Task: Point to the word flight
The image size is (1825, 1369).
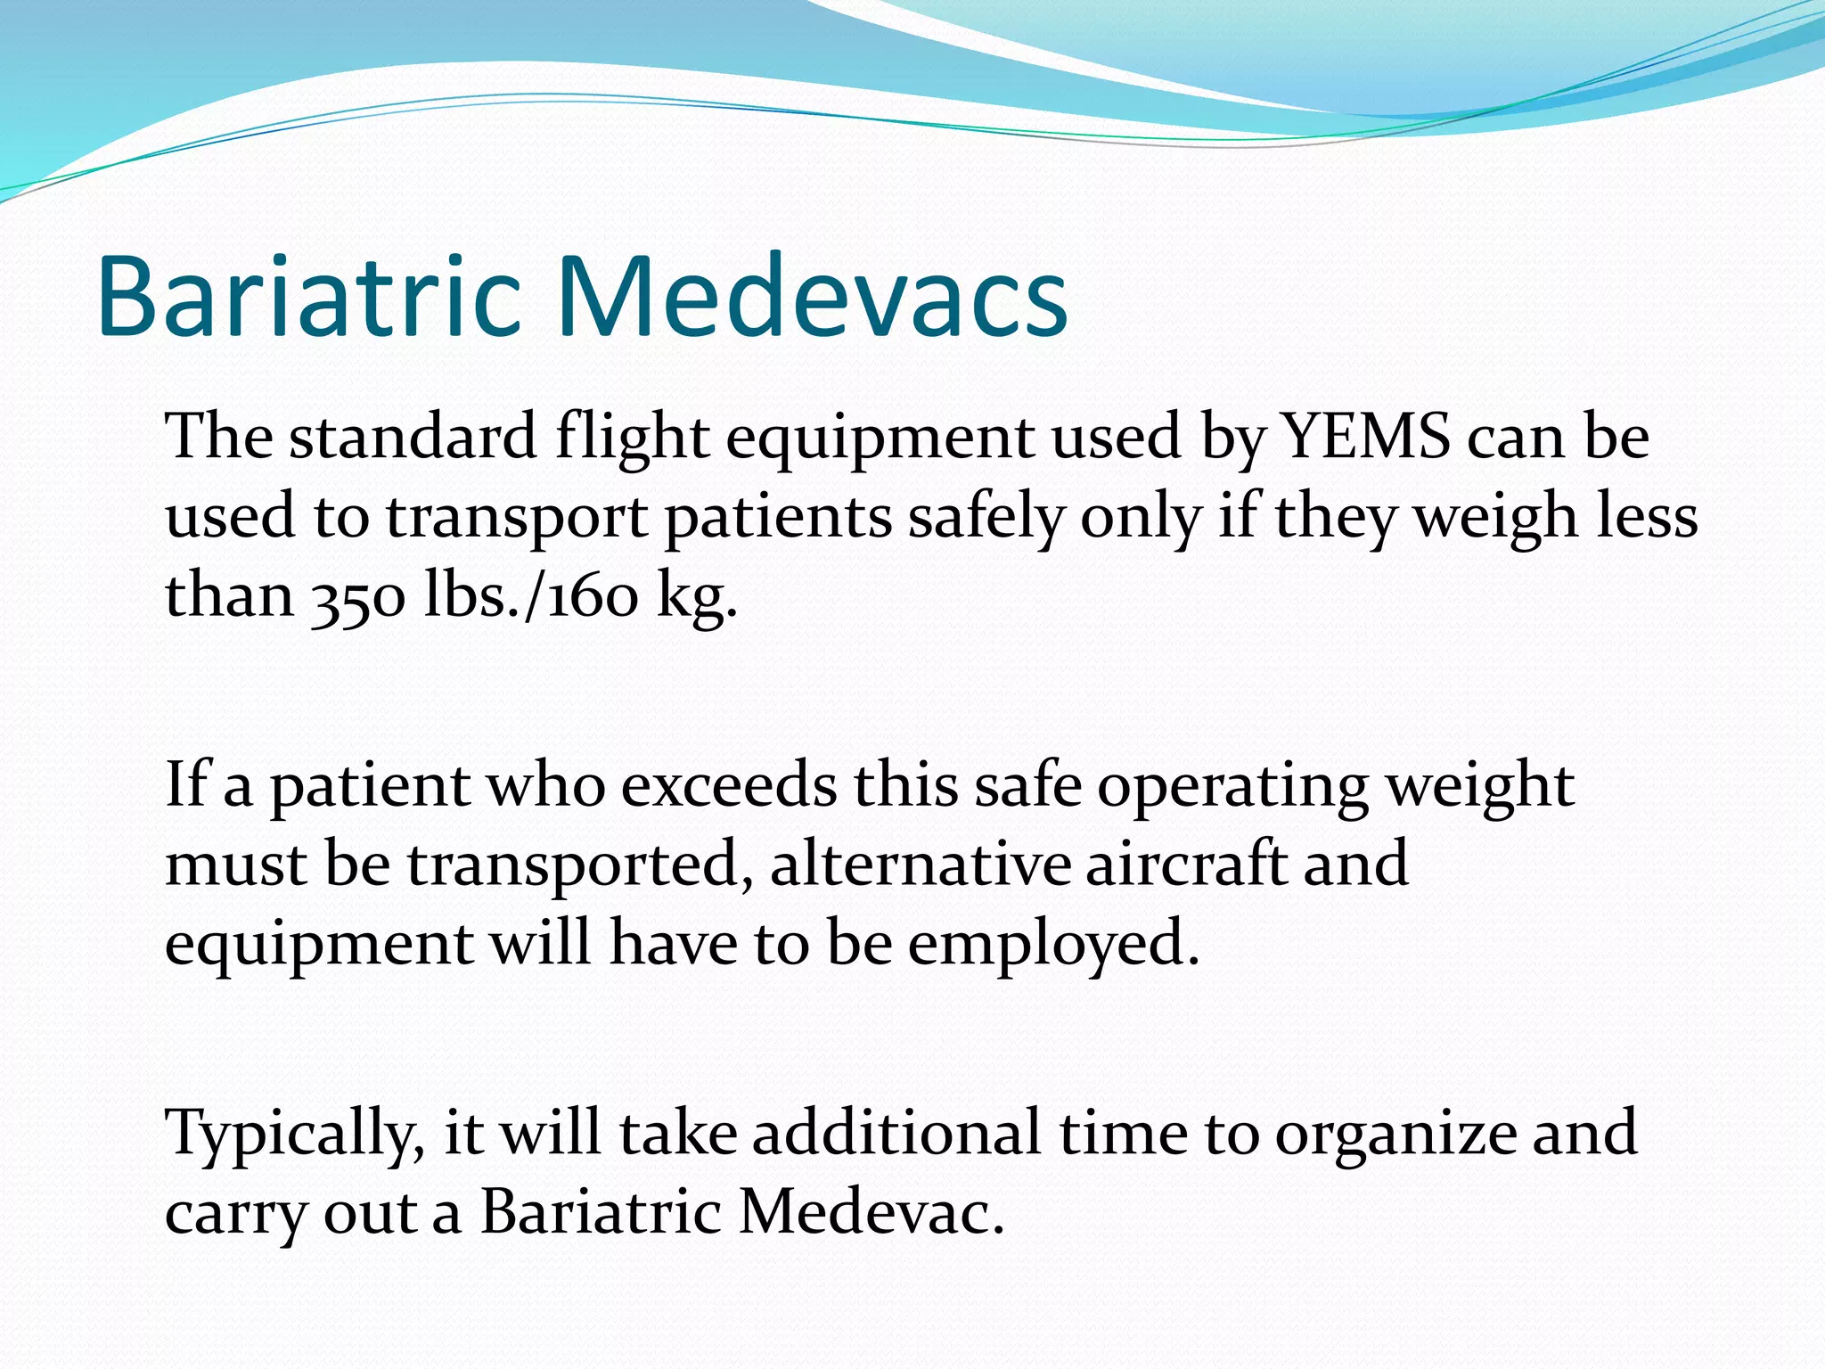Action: (x=632, y=439)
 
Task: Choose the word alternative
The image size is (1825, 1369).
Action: (x=920, y=864)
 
